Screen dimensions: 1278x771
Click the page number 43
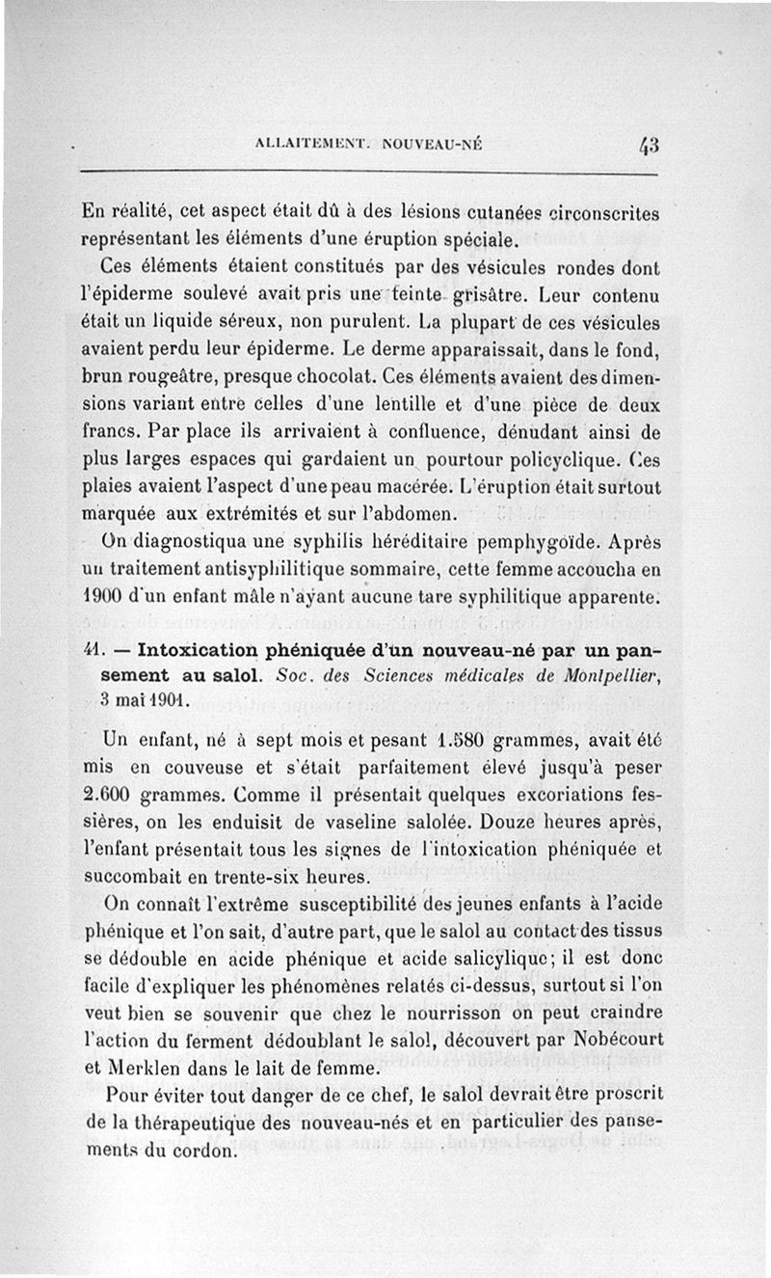click(647, 147)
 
